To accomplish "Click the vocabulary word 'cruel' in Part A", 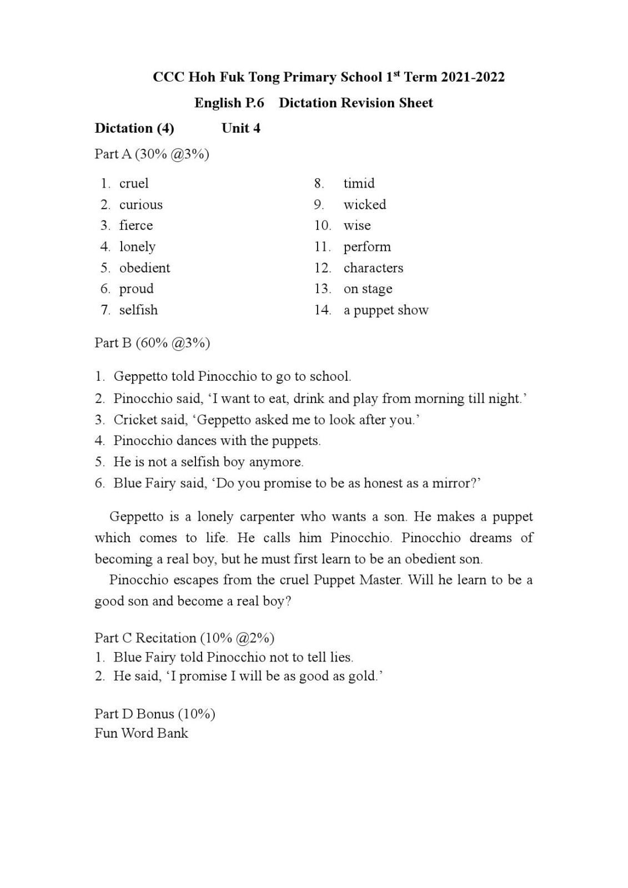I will coord(134,183).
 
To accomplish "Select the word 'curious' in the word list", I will coord(141,204).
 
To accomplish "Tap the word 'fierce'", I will coord(136,225).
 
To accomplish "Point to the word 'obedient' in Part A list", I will coord(145,268).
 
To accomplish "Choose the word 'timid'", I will coord(359,183).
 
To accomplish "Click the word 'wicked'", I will coord(365,204).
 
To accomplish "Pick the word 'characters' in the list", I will coord(373,268).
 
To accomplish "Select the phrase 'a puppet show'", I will coord(386,310).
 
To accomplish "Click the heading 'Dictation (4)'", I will coord(134,128).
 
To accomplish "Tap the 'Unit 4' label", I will coord(240,128).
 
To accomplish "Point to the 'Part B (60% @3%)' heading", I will coord(152,342).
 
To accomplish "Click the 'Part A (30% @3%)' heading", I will coord(152,154).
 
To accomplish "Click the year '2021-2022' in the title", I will coord(473,77).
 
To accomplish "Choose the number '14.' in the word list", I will coord(323,310).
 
